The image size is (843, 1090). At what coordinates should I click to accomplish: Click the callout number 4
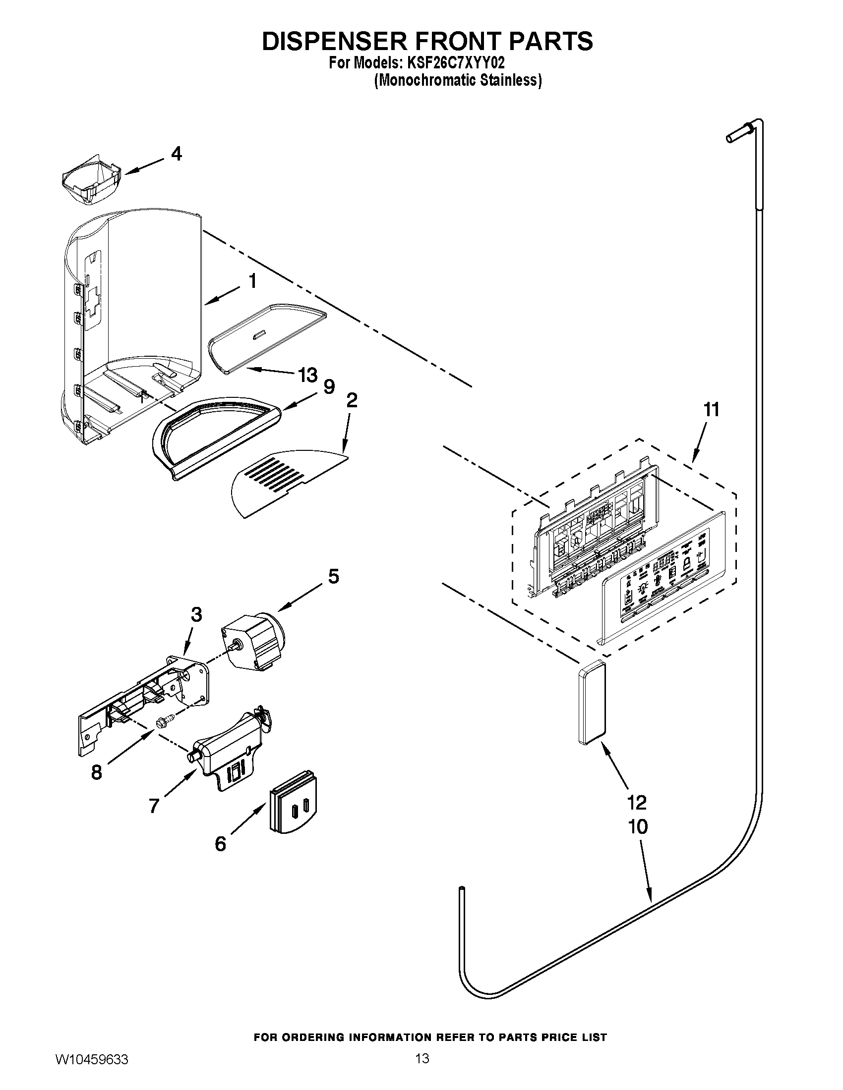176,154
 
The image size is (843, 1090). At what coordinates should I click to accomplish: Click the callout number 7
154,805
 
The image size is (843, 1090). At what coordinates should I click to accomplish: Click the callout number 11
711,410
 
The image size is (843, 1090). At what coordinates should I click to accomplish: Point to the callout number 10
638,826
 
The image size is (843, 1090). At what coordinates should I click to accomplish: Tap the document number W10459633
91,1070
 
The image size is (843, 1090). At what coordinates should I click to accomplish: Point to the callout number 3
196,615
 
